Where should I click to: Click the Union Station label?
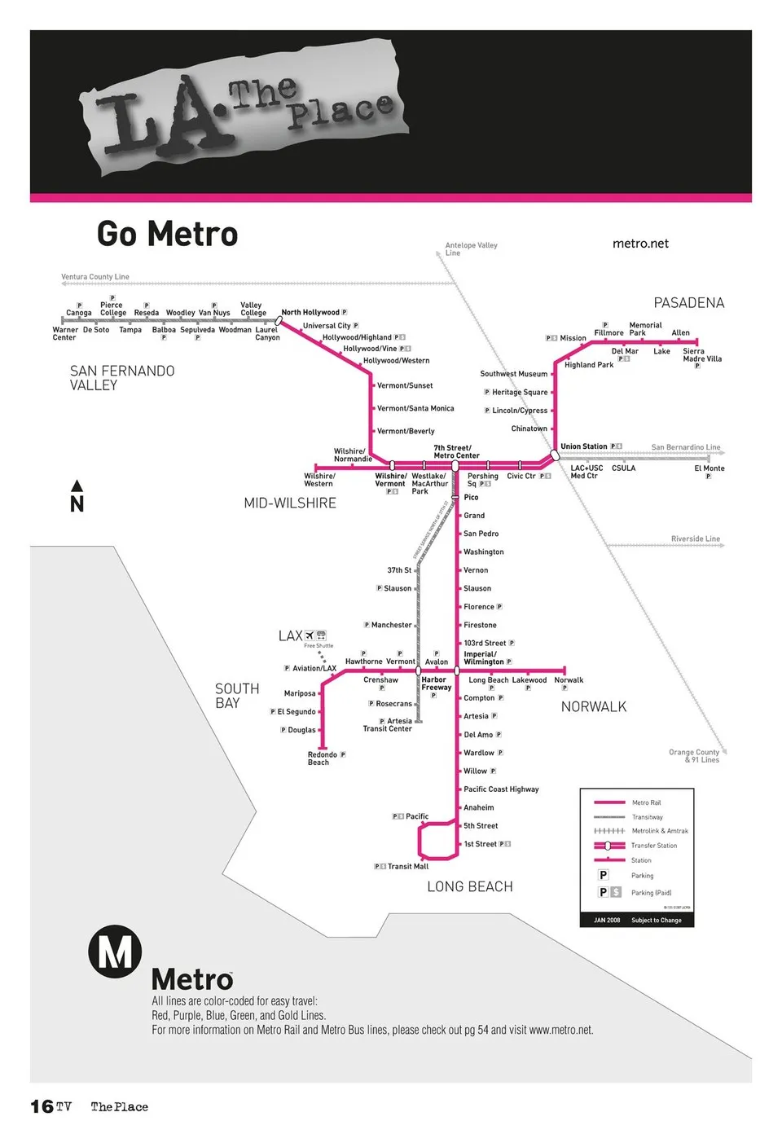coord(583,446)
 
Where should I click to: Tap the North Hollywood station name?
coord(310,312)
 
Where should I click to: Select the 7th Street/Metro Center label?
coord(456,451)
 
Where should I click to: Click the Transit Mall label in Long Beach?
coord(407,866)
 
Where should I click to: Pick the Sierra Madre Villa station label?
coord(701,355)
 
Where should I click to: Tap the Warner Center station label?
coord(64,333)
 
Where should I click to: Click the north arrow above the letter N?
coord(77,486)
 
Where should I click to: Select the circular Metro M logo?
coord(115,951)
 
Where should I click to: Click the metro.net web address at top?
coord(640,244)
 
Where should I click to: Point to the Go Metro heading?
coord(167,234)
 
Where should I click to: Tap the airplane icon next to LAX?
coord(309,635)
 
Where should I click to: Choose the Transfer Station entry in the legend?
coord(653,846)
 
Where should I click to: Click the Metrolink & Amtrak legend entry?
coord(659,831)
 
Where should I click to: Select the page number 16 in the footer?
coord(42,1106)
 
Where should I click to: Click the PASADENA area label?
coord(688,303)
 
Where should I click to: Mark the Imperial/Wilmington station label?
coord(483,657)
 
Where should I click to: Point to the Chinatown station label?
coord(529,429)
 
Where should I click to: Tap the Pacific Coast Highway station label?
coord(501,789)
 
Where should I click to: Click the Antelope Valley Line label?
coord(471,248)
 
